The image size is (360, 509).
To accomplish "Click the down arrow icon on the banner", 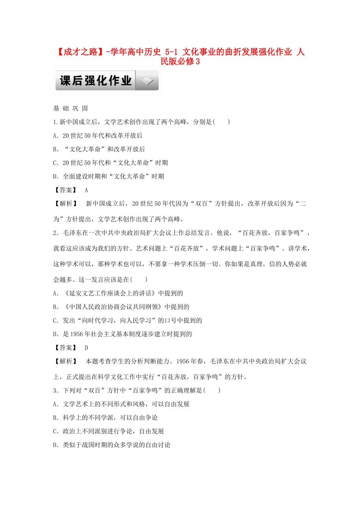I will pyautogui.click(x=147, y=81).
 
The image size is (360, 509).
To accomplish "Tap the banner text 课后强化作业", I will pyautogui.click(x=95, y=81).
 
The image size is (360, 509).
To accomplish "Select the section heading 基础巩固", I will pyautogui.click(x=70, y=109).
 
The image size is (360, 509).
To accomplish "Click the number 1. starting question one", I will pyautogui.click(x=56, y=122).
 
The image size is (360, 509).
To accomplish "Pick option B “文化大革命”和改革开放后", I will pyautogui.click(x=99, y=149).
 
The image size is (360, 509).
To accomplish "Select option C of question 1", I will pyautogui.click(x=110, y=163).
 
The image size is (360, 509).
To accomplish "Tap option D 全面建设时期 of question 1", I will pyautogui.click(x=108, y=176).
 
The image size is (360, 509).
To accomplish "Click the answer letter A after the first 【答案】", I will pyautogui.click(x=86, y=190).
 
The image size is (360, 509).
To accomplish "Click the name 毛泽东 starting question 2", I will pyautogui.click(x=72, y=233).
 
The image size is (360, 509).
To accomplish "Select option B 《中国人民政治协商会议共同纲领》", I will pyautogui.click(x=121, y=307).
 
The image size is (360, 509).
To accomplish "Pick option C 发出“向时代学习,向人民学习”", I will pyautogui.click(x=127, y=320).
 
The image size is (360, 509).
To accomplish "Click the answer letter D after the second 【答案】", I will pyautogui.click(x=86, y=348).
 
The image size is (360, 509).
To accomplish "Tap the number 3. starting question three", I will pyautogui.click(x=56, y=390).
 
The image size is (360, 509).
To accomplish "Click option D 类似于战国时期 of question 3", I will pyautogui.click(x=111, y=445).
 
